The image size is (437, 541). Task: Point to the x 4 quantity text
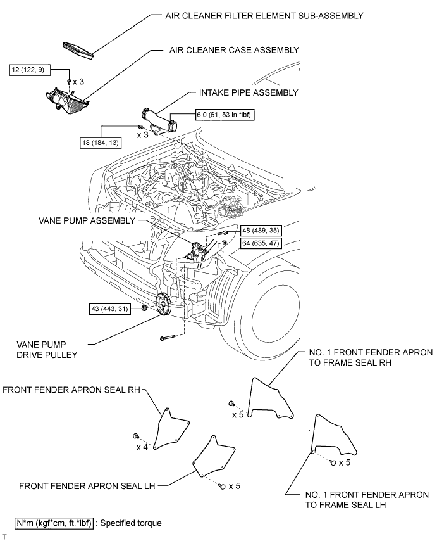(143, 447)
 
